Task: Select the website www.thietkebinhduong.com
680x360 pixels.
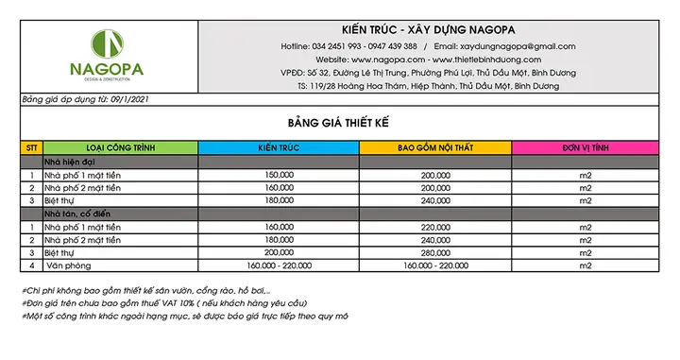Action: coord(482,59)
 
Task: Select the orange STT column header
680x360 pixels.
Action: coord(32,148)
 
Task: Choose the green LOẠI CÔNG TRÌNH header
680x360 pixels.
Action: coord(121,148)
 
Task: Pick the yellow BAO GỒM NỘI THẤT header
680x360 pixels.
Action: coord(434,148)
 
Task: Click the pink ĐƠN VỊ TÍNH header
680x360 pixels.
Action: coord(586,148)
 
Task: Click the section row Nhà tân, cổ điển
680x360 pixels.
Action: coord(80,214)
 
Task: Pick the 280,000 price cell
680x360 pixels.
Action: coord(434,253)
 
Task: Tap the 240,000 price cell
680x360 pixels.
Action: coord(434,201)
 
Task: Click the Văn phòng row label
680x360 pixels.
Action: coord(66,266)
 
